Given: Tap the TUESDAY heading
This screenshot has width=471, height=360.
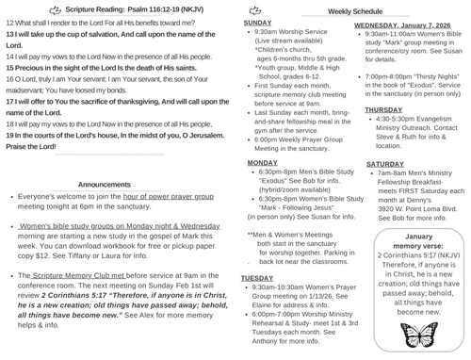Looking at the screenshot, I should point(258,279).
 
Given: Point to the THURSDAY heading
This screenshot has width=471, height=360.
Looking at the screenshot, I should point(383,109).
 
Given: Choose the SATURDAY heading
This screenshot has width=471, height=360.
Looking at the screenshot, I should point(384,164).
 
